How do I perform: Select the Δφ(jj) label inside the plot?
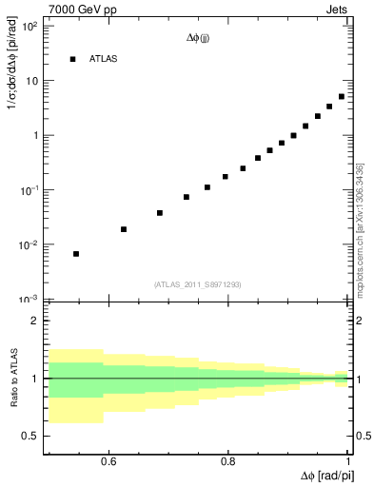click(x=198, y=39)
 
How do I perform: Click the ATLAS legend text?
click(x=104, y=59)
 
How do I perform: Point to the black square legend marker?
click(x=72, y=59)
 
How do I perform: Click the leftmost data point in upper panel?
click(x=76, y=254)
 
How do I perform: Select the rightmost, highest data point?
click(x=342, y=96)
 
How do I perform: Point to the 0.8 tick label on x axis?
click(x=228, y=463)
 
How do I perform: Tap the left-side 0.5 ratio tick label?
click(x=30, y=436)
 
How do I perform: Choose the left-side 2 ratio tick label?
click(x=34, y=321)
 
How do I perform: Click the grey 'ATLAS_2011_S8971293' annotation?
click(x=198, y=284)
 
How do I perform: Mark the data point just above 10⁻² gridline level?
click(x=124, y=229)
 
